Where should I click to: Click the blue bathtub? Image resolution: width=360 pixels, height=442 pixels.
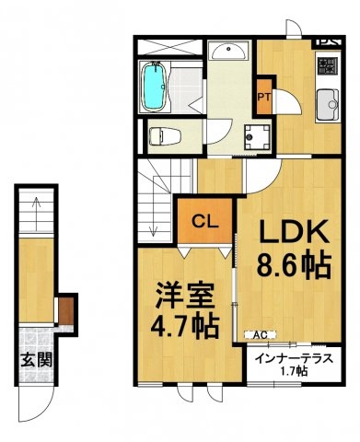point(155,87)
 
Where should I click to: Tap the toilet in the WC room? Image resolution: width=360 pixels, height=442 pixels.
point(165,136)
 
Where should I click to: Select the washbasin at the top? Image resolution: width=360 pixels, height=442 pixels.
point(229,51)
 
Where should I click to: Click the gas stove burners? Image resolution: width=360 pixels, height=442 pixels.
point(328,66)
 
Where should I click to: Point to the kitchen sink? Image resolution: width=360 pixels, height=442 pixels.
point(328,105)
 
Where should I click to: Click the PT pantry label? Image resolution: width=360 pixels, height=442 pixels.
point(264,98)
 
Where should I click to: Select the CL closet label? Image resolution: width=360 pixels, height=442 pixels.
point(205,221)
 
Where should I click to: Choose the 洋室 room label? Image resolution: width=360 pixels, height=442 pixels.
point(184,296)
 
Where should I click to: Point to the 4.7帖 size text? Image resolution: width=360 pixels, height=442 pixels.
point(185,325)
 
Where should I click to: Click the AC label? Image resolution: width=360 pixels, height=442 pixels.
point(261,335)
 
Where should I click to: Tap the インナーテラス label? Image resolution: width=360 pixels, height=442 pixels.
point(294,358)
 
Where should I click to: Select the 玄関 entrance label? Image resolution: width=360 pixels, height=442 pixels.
point(36,360)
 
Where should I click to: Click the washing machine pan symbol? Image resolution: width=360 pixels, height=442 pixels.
point(258,137)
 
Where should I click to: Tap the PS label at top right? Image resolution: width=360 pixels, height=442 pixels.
point(329,41)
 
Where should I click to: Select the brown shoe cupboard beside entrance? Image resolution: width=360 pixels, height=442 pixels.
point(66,310)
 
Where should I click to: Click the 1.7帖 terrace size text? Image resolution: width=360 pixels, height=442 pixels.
point(295,371)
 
